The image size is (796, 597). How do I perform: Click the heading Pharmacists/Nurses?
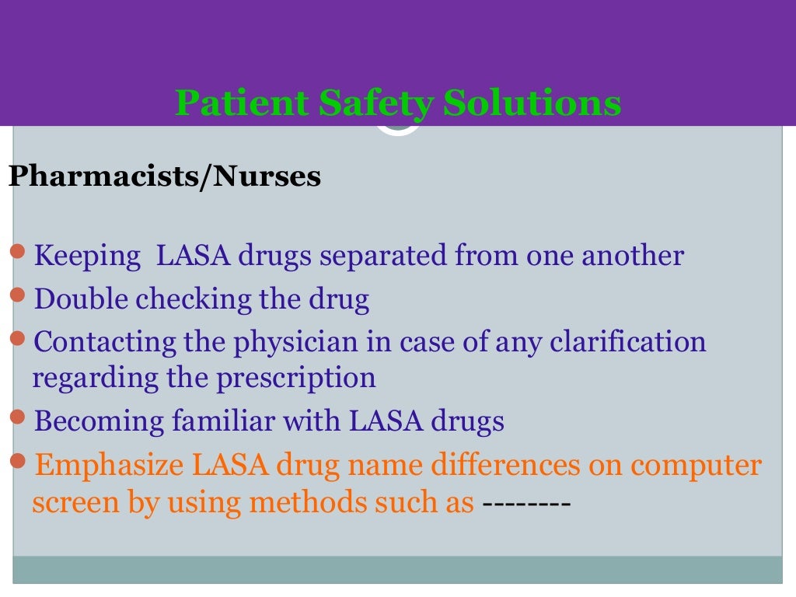tap(164, 176)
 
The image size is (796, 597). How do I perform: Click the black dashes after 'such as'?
tap(527, 503)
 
